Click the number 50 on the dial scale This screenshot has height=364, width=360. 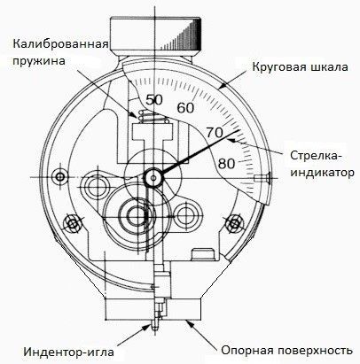click(x=154, y=100)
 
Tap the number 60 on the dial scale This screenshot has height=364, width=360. click(x=185, y=108)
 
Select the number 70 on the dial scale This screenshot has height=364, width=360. click(x=215, y=133)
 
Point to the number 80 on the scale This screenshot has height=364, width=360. click(x=226, y=164)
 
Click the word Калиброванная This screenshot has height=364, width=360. click(x=60, y=44)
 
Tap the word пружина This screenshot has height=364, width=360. click(x=39, y=61)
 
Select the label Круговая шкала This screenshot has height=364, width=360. click(x=300, y=67)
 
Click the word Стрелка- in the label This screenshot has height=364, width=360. click(x=315, y=156)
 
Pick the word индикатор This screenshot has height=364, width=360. click(x=322, y=173)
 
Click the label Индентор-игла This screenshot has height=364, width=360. click(x=68, y=352)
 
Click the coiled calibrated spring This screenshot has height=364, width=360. click(x=153, y=117)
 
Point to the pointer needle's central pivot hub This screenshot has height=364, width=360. click(x=153, y=177)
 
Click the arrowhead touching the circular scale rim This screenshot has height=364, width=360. click(x=223, y=87)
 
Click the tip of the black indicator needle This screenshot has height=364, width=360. click(x=240, y=129)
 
